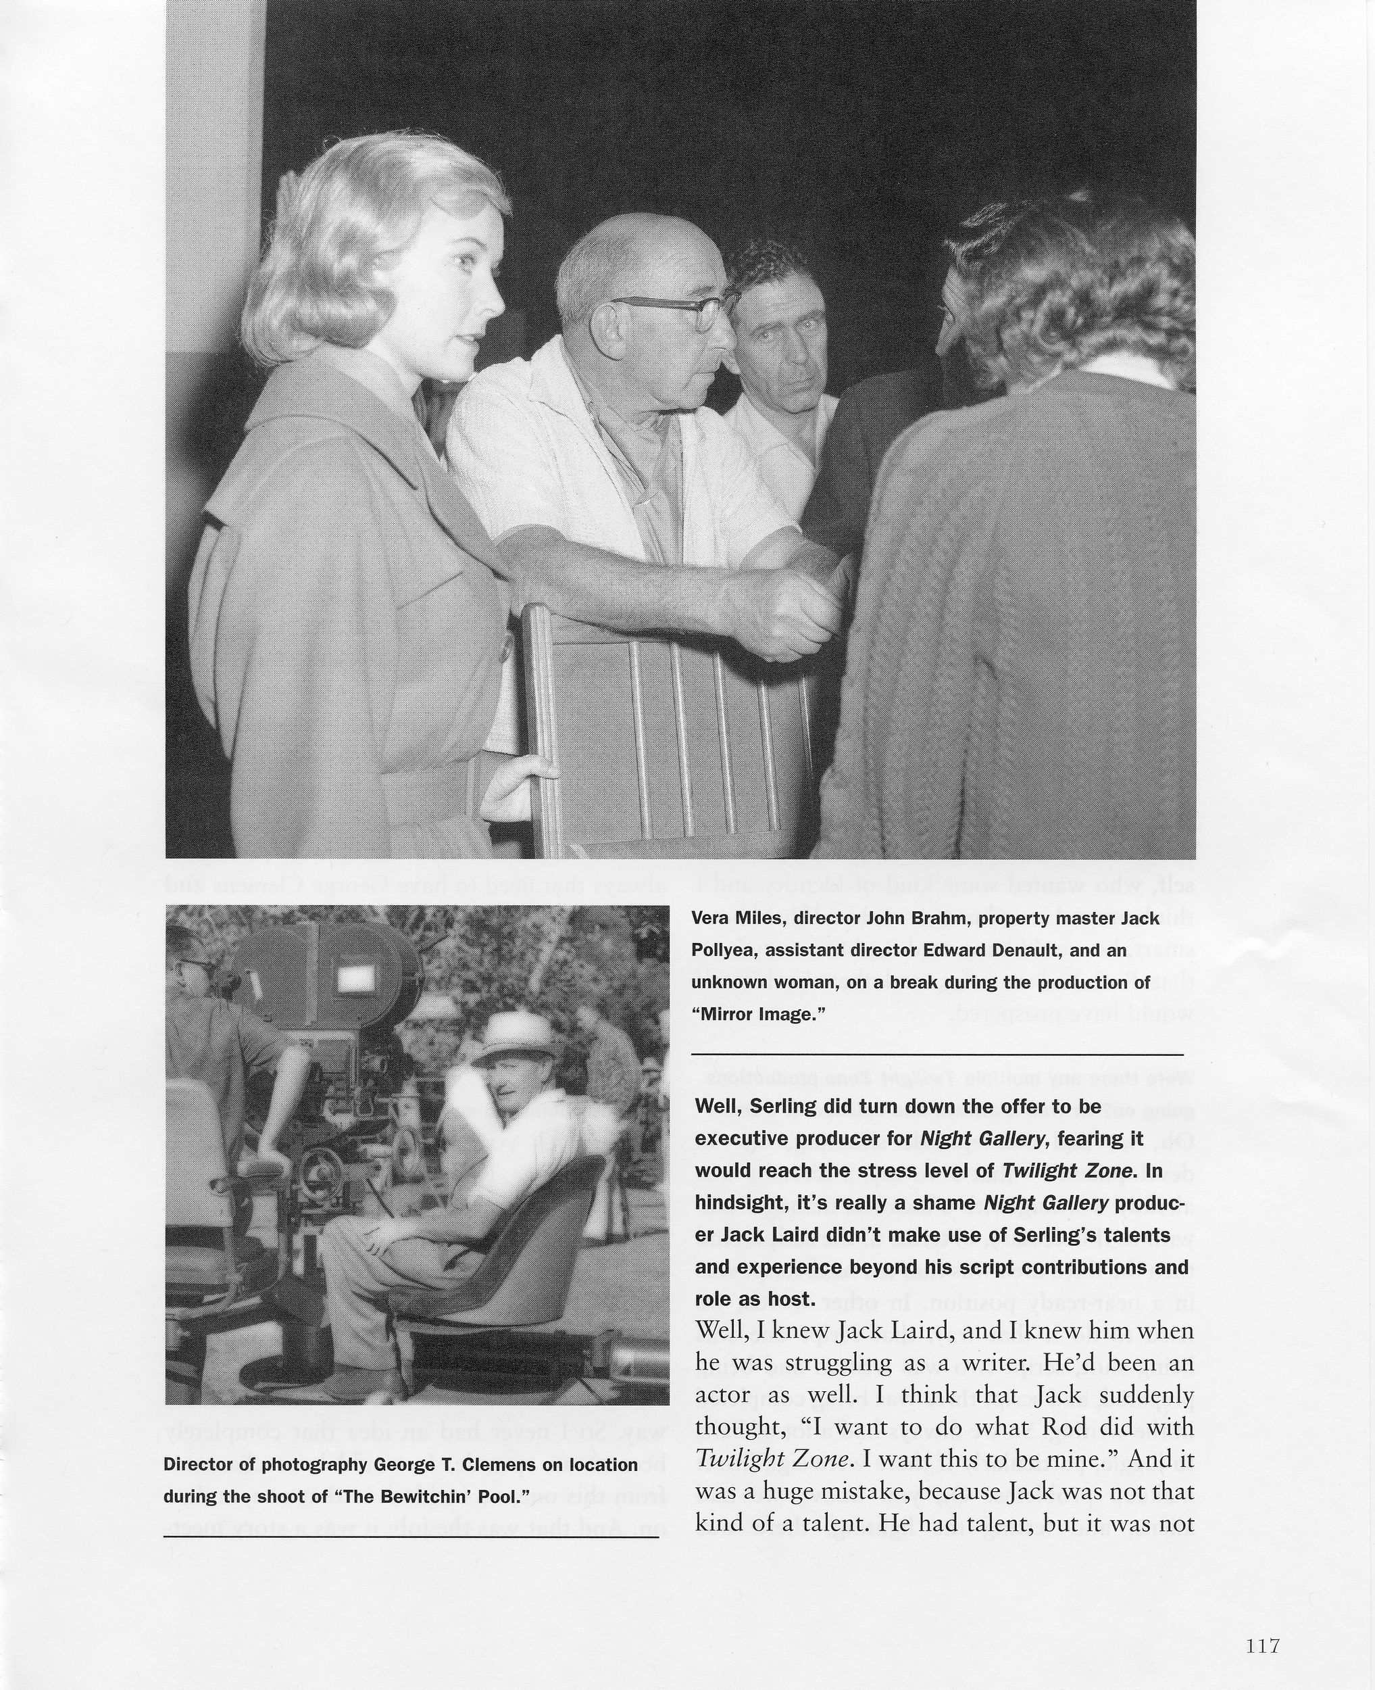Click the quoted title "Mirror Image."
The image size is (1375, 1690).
coord(759,1014)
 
